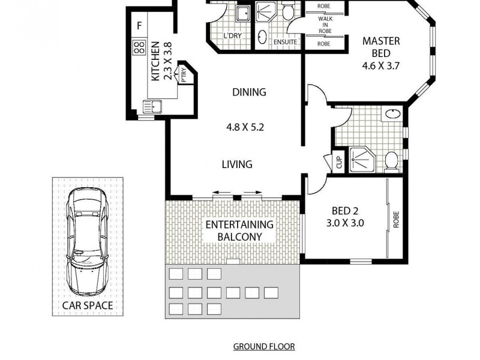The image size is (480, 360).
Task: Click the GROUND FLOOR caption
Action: coord(263,347)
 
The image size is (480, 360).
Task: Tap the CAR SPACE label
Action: coord(88,306)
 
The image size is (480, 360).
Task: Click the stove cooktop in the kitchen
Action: coord(139,46)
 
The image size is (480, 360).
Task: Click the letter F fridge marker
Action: coord(139,26)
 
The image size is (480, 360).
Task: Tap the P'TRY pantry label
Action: coord(184,75)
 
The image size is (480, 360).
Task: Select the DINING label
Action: coord(249,92)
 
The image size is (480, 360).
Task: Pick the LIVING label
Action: coord(236,164)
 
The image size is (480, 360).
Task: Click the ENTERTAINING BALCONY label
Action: coord(239,230)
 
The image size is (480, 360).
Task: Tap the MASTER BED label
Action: coord(381,47)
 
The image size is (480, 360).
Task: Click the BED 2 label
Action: coord(345,211)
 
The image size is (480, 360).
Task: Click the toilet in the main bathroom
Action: coord(392,160)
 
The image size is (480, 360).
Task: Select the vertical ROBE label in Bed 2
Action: coord(396,221)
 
